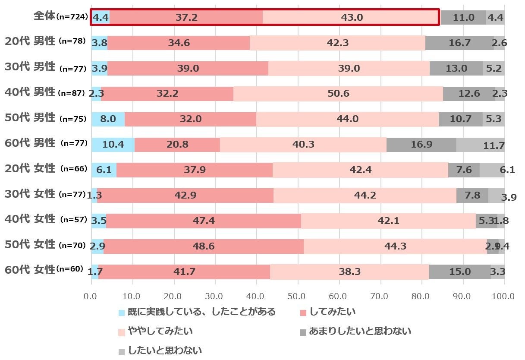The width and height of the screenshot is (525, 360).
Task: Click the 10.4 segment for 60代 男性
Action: coord(113,145)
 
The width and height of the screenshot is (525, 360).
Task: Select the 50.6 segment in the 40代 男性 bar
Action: coord(338,94)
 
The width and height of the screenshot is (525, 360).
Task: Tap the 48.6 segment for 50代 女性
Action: coord(203,246)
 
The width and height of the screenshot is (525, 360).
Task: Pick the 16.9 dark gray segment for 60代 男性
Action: coord(421,145)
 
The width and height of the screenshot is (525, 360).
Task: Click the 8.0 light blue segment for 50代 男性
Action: coord(108,119)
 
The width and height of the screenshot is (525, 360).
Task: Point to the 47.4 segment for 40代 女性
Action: coord(204,221)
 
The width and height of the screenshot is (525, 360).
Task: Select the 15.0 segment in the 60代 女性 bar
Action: coord(459,272)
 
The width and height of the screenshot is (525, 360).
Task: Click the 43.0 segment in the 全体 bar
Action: coord(352,18)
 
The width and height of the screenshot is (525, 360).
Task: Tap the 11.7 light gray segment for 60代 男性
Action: coord(480,145)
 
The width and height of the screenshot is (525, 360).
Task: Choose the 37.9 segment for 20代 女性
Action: coord(194,170)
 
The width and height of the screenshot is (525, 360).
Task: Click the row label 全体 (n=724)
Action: coord(60,17)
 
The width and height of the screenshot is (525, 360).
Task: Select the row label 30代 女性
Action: coord(30,194)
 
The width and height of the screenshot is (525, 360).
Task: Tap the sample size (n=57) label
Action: coord(74,220)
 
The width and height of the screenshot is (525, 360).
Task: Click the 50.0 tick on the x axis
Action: coord(297,297)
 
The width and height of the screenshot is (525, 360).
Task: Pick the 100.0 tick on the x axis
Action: coord(503,297)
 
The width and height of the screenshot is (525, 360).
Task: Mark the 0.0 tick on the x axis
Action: coord(91,297)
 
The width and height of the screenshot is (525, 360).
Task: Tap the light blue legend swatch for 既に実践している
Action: coord(121,313)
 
